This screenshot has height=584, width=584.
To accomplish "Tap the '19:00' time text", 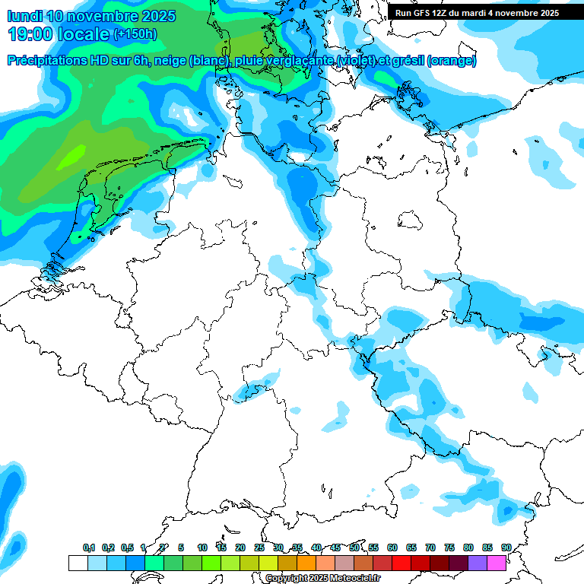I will [30, 34].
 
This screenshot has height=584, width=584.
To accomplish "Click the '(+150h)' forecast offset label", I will [135, 34].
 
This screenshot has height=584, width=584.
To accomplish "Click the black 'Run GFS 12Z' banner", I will [477, 12].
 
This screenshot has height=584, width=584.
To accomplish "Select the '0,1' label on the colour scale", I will [89, 547].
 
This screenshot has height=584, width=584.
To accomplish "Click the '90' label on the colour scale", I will [506, 547].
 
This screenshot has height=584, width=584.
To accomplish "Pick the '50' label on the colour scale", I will [354, 547].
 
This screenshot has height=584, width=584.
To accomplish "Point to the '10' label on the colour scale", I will [202, 547].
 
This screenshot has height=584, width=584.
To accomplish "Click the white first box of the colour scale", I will [78, 563].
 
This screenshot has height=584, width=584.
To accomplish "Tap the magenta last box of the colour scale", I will [497, 563].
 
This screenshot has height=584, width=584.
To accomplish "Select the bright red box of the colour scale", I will [401, 563].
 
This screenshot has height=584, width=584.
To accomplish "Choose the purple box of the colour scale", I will [478, 563].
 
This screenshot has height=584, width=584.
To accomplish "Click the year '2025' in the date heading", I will [157, 16].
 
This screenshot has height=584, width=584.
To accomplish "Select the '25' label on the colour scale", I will [259, 547].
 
